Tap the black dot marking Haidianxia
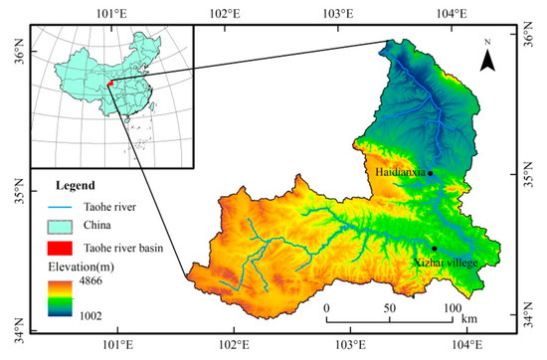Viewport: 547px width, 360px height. pos(430,173)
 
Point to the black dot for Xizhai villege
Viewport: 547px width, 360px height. pos(435,249)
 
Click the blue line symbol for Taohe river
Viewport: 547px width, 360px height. pos(63,207)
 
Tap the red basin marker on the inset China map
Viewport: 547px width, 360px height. pos(111,87)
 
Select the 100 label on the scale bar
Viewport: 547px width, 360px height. pos(452,307)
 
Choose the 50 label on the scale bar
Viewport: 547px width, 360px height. pos(389,307)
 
